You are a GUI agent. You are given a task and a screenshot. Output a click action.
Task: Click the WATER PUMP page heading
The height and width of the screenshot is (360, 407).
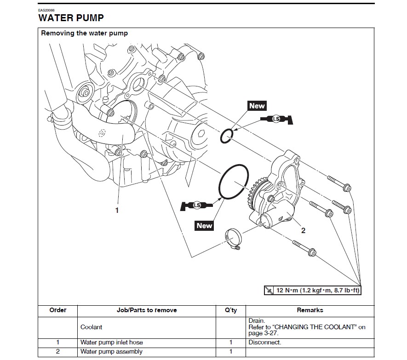[x=71, y=18]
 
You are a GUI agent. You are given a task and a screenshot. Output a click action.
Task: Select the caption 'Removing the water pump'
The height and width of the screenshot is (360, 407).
[x=85, y=33]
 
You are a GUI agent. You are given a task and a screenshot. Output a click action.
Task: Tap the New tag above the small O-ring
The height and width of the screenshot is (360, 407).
[x=257, y=106]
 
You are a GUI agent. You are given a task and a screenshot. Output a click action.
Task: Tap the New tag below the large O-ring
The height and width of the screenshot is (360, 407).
[x=204, y=225]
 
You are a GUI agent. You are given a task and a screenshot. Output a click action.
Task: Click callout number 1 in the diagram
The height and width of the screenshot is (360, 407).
[x=117, y=210]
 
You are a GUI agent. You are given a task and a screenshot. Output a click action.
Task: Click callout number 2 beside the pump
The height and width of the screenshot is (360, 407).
[x=303, y=230]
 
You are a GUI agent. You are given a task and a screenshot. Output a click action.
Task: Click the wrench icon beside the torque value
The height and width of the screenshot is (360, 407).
[x=269, y=291]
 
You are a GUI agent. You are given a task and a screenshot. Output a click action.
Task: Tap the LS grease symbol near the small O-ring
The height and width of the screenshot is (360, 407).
[x=276, y=119]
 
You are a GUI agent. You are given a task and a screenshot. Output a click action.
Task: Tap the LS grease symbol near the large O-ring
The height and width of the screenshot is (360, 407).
[x=197, y=205]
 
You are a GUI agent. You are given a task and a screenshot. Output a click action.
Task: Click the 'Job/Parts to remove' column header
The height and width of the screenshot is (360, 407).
[x=147, y=310]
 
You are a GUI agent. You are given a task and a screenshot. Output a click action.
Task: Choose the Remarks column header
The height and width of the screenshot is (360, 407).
[x=310, y=310]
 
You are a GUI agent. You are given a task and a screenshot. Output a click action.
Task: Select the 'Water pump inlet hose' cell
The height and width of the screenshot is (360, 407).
[x=111, y=343]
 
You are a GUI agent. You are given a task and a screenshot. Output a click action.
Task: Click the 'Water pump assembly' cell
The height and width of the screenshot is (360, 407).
[x=111, y=352]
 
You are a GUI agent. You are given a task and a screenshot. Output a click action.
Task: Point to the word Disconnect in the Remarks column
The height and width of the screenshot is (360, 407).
[x=264, y=343]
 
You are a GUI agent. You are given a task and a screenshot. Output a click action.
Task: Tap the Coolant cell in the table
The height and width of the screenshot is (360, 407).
[x=91, y=327]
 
